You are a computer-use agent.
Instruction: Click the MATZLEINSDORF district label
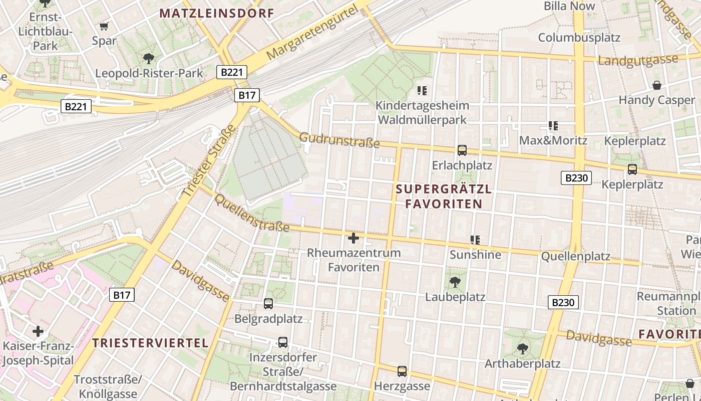point(217,14)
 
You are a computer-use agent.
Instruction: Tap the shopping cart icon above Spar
point(104,26)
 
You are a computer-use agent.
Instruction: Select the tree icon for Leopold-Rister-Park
point(148,59)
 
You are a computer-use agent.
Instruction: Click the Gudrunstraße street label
point(339,140)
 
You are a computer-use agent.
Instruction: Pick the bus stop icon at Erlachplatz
point(462,150)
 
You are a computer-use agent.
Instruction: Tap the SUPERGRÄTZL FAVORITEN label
point(444,196)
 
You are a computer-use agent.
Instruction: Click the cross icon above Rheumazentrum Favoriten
point(354,238)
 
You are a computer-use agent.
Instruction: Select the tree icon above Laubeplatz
point(455,282)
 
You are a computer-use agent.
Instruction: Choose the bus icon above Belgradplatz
point(268,303)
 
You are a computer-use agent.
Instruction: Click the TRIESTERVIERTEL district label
point(150,343)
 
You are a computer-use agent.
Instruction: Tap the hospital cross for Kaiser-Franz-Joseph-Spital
point(38,331)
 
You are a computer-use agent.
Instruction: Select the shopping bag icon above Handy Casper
point(656,85)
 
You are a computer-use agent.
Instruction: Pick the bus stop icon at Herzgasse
point(402,371)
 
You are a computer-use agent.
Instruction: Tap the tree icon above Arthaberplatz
point(522,348)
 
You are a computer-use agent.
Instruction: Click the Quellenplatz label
point(576,257)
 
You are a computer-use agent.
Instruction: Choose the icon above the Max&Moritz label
point(553,126)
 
